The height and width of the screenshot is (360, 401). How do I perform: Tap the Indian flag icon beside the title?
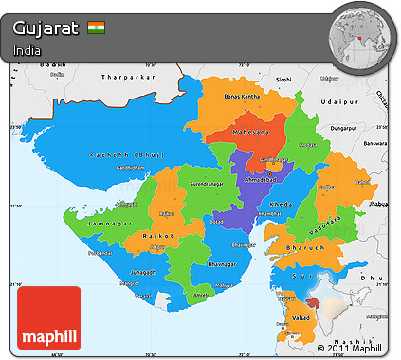point(97,27)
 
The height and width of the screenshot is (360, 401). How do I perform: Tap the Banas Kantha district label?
point(244,97)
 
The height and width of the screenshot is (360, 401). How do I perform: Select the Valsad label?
point(301,322)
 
